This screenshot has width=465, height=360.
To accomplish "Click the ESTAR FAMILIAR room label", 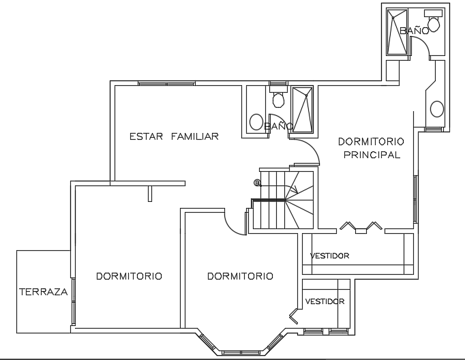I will [174, 136].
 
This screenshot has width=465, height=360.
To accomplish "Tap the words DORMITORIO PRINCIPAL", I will [371, 148].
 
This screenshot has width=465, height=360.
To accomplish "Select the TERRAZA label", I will [43, 292].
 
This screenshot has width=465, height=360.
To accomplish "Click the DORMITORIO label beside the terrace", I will [129, 276].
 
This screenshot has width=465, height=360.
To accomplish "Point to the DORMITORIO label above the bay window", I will [240, 276].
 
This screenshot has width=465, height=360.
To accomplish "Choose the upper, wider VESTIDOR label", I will [329, 256].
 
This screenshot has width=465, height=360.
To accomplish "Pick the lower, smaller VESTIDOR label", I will [325, 301].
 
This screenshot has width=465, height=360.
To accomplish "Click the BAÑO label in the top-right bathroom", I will [414, 31].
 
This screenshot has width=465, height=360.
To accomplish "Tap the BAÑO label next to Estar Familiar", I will [278, 126].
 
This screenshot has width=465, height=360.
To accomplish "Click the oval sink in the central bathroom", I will [256, 123].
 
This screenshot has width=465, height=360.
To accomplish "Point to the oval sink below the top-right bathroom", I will [436, 108].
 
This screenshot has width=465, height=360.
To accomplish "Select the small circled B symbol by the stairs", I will [257, 183].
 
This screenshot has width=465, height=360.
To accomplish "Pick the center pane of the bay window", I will [241, 352].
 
